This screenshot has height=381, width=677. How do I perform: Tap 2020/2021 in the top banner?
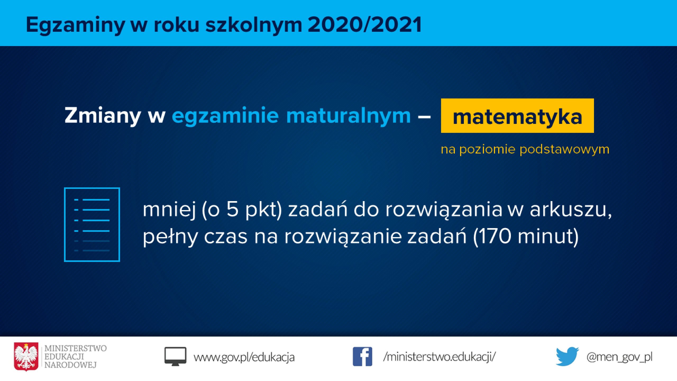click(x=365, y=24)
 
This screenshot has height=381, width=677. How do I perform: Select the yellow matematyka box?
click(x=517, y=116)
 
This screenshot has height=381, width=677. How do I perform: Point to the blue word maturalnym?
click(x=349, y=116)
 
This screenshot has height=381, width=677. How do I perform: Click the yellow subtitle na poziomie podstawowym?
click(x=525, y=149)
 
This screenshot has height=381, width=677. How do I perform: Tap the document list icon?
click(x=92, y=225)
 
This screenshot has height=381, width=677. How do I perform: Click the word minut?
click(x=545, y=236)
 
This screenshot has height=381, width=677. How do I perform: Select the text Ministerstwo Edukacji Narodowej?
click(x=75, y=357)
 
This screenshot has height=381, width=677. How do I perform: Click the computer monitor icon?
click(x=175, y=356)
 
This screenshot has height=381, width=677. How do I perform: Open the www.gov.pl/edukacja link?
click(x=244, y=357)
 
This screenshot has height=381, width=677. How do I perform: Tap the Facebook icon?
click(x=362, y=357)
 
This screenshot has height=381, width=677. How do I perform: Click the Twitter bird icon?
click(x=567, y=357)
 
